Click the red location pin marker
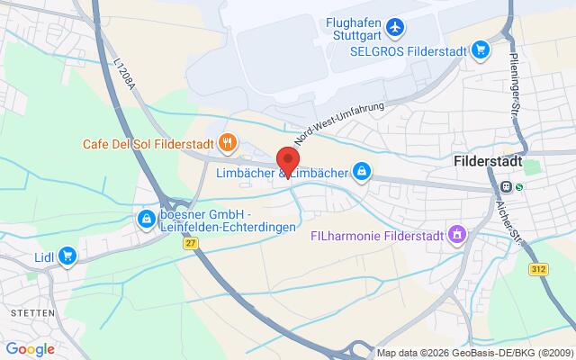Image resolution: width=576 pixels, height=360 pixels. click(x=288, y=159)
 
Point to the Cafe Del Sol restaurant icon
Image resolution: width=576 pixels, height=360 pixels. click(x=229, y=141)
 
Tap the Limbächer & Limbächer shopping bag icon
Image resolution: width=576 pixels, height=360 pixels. click(x=361, y=171)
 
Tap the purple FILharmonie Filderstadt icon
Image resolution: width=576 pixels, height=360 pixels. click(x=459, y=235)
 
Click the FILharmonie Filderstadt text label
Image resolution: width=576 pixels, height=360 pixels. click(x=379, y=235)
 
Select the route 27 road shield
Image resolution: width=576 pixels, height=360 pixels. click(x=190, y=243)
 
